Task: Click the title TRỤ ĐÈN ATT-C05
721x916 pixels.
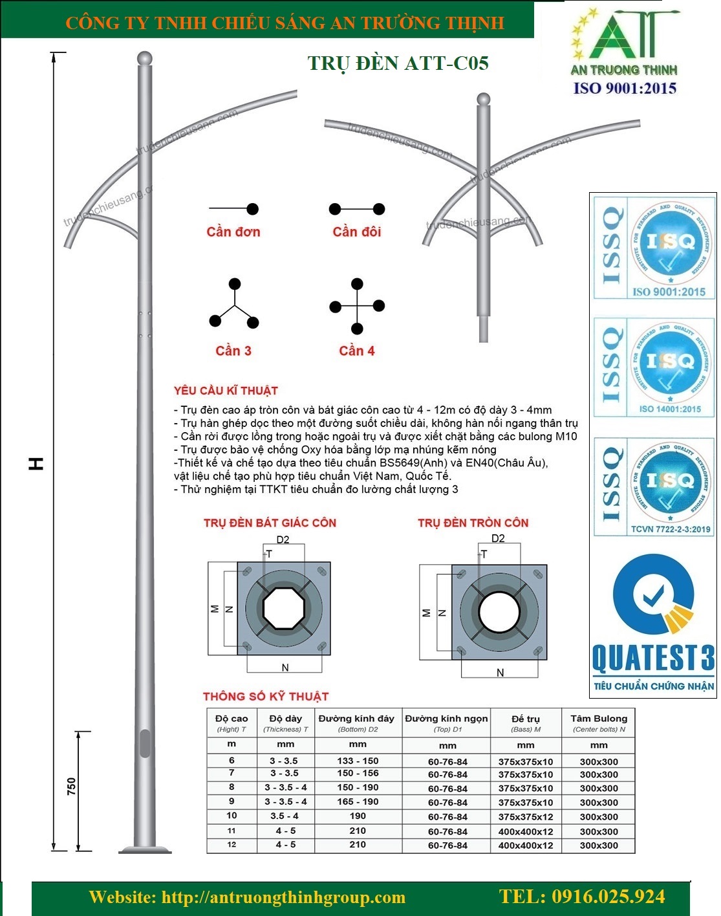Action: (398, 63)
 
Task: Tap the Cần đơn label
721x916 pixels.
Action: (233, 232)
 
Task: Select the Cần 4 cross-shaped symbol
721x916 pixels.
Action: (357, 306)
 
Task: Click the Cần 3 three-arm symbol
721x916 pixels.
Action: (234, 304)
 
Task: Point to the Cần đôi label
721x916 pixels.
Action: (357, 232)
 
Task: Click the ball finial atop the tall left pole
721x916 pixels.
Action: (145, 58)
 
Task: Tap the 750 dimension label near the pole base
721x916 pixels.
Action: (71, 786)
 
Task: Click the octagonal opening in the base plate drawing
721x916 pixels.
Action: (284, 608)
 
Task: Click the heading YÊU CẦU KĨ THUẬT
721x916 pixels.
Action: (226, 391)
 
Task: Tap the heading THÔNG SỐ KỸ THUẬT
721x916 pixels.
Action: (266, 697)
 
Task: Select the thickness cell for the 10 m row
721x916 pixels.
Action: (285, 816)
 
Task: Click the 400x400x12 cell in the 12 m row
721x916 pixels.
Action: (525, 845)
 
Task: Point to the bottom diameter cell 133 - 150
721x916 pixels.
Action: (358, 761)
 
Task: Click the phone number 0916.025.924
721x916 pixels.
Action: (582, 897)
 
